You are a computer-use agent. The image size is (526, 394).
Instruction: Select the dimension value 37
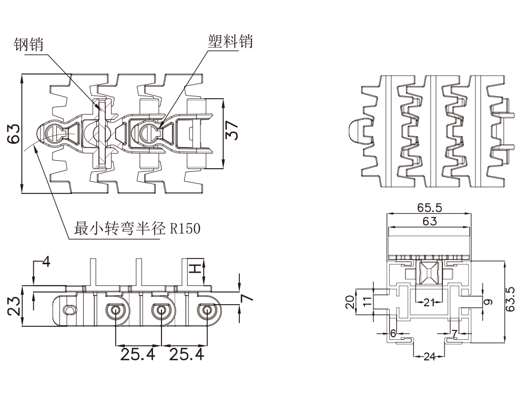(233, 129)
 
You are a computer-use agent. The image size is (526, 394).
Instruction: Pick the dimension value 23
(14, 304)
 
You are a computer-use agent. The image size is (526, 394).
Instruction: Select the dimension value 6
(392, 333)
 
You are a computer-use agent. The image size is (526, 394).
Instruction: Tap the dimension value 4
(46, 261)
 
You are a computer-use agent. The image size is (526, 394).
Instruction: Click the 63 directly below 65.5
(429, 221)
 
